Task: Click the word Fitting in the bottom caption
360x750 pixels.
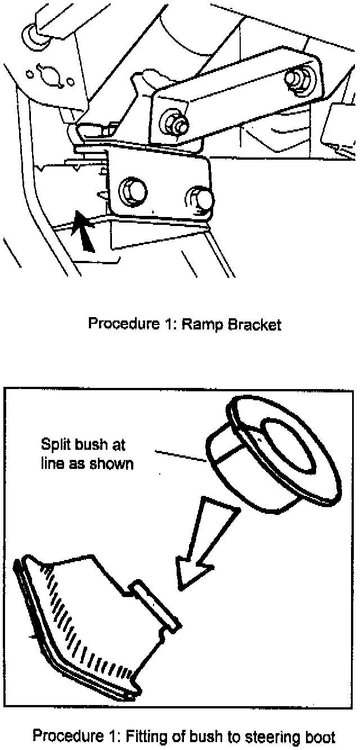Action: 152,736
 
